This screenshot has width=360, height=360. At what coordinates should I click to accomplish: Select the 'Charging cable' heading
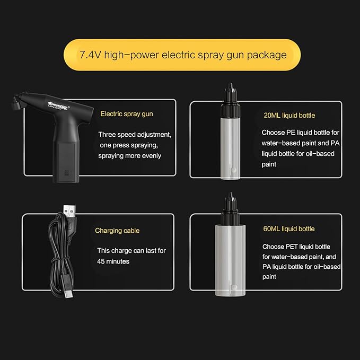(117, 231)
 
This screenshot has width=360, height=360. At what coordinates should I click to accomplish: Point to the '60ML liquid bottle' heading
(288, 229)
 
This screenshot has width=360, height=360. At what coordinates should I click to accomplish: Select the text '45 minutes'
(113, 261)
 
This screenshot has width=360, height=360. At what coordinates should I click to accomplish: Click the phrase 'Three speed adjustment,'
(135, 135)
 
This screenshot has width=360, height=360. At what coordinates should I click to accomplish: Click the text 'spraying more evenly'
(130, 156)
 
